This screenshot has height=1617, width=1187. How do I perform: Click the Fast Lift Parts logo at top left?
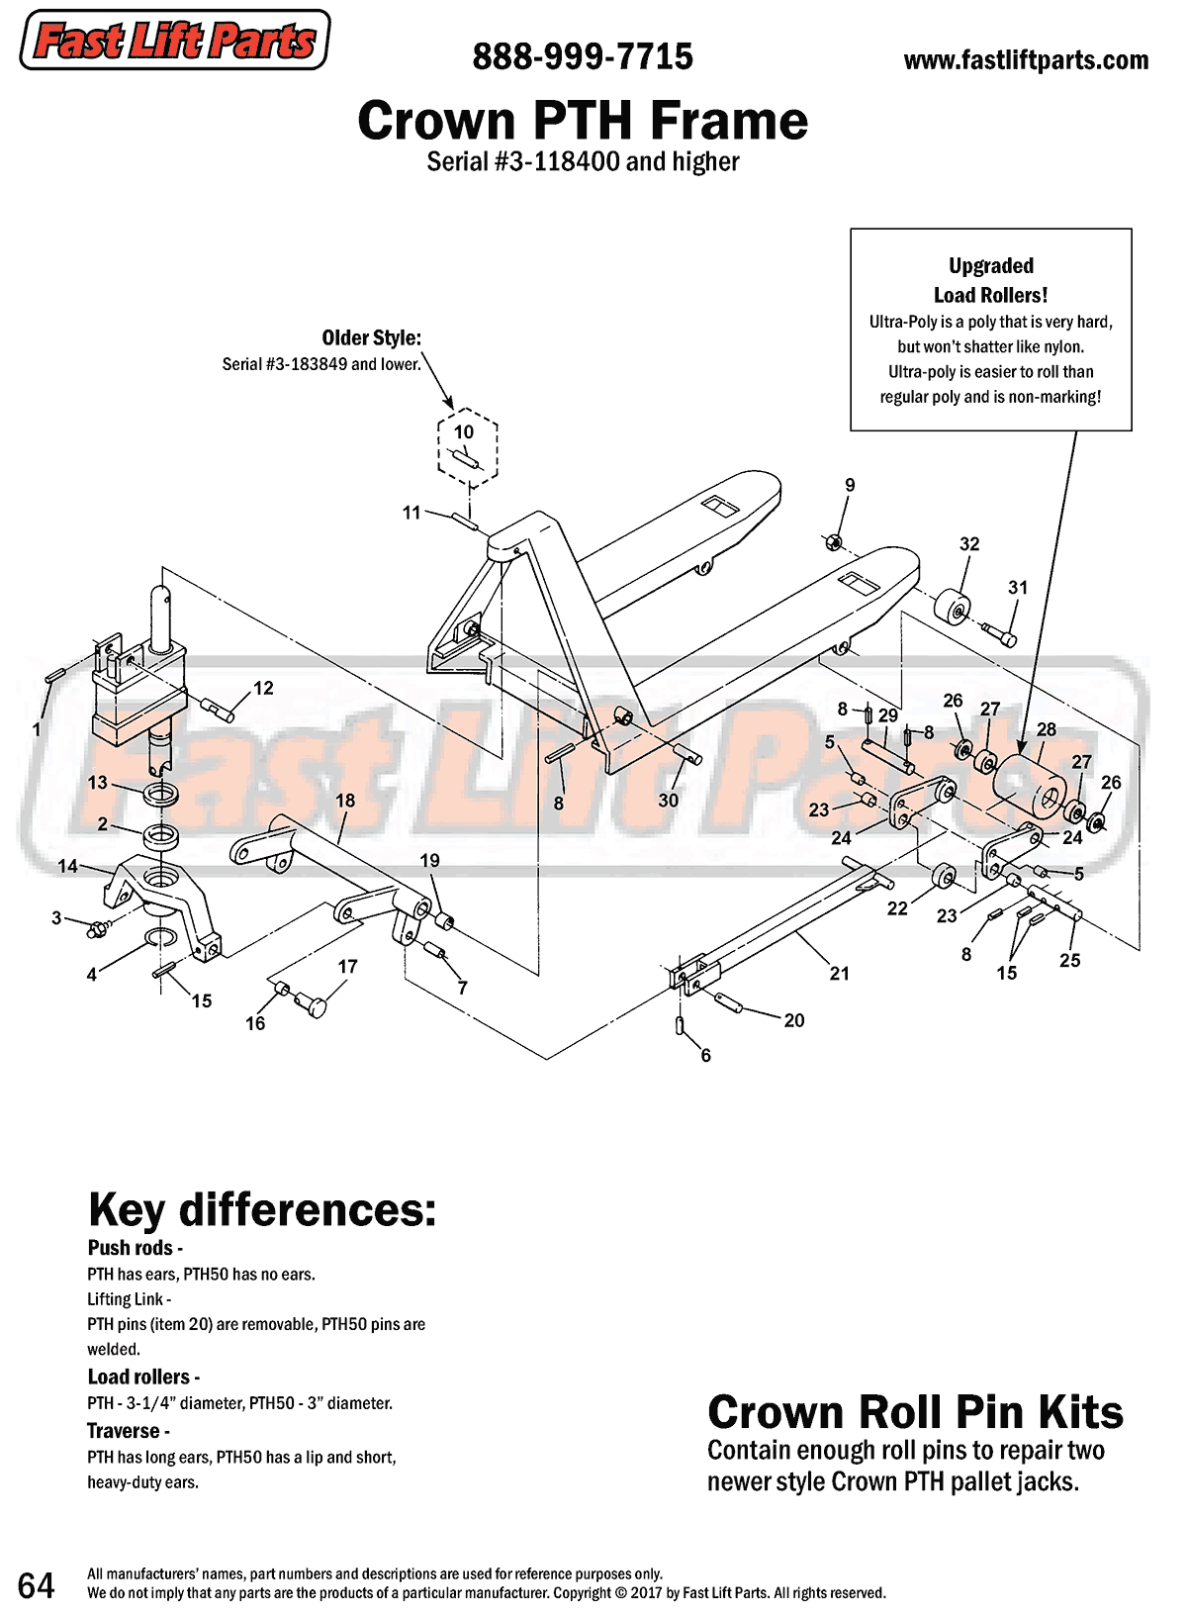click(175, 41)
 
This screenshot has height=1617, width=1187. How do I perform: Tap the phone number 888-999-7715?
click(583, 57)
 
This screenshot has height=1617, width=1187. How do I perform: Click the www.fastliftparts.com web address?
click(1026, 60)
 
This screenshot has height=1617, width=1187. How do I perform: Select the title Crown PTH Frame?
click(583, 121)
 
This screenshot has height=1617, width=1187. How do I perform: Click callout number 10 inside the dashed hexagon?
click(464, 431)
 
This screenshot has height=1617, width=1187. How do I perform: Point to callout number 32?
click(969, 544)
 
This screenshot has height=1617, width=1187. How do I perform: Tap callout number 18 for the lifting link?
click(345, 801)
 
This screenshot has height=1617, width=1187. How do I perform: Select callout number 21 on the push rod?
click(839, 974)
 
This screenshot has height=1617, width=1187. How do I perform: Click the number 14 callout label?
click(67, 866)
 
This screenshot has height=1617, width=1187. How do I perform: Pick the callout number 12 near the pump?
click(263, 688)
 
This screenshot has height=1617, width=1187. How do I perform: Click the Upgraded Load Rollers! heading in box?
click(990, 280)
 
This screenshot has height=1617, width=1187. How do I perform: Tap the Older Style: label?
click(371, 338)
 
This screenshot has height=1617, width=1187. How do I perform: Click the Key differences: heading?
click(262, 1209)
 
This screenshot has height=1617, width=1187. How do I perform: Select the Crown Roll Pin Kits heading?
click(915, 1412)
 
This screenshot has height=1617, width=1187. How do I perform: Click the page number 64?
click(37, 1585)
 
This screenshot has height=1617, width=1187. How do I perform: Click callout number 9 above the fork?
click(850, 485)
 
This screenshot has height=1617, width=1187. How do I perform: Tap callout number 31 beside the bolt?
click(1018, 588)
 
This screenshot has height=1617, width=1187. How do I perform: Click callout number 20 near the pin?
click(794, 1020)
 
